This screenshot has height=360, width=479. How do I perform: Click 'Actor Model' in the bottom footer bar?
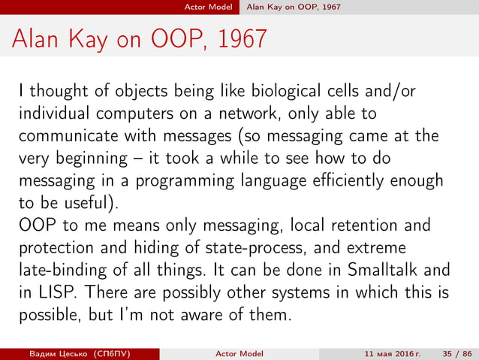239,352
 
